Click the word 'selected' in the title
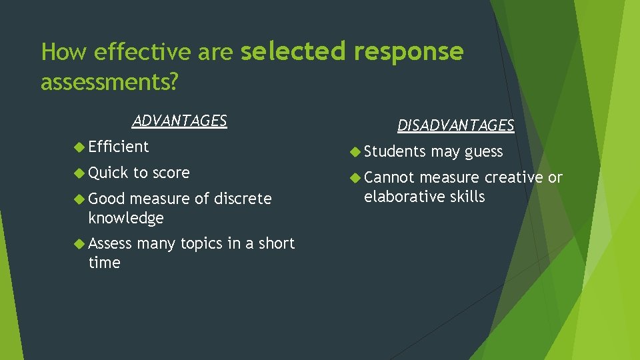point(293,51)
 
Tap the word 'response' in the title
point(409,51)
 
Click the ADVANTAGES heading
point(179,121)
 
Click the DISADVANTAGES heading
point(456,125)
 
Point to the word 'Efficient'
point(119,147)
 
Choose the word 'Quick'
point(109,173)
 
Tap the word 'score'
point(171,173)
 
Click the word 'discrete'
point(243,199)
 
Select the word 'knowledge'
point(126,218)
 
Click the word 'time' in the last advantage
point(104,263)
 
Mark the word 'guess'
point(483,152)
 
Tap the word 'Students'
point(395,152)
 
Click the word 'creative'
point(513,177)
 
